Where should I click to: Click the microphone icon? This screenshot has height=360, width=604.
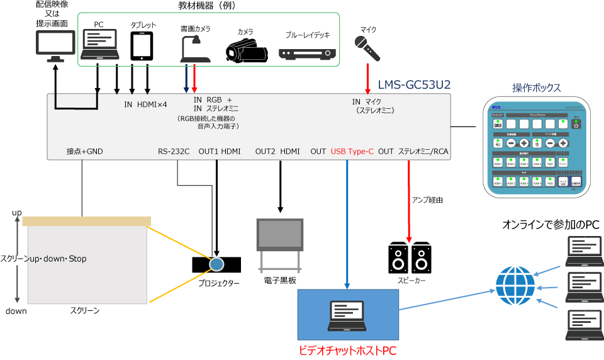point(368,48)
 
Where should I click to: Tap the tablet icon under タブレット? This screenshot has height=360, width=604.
point(142,46)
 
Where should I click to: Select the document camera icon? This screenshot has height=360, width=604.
point(194,48)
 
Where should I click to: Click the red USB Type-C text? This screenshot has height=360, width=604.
point(352,151)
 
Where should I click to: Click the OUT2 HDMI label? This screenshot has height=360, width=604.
point(277,151)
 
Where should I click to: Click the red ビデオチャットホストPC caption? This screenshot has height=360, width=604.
point(348,349)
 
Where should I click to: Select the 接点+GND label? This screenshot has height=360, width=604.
point(84,151)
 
